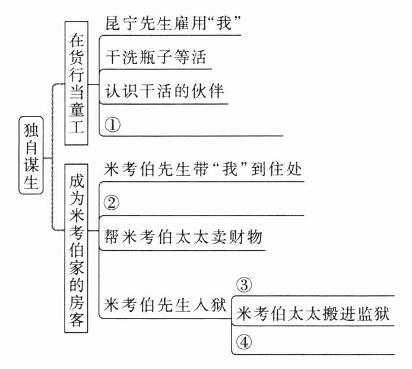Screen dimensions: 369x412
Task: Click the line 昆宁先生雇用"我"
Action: (175, 24)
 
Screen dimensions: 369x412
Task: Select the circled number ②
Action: (112, 203)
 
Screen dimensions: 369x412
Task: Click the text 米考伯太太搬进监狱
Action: (313, 314)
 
